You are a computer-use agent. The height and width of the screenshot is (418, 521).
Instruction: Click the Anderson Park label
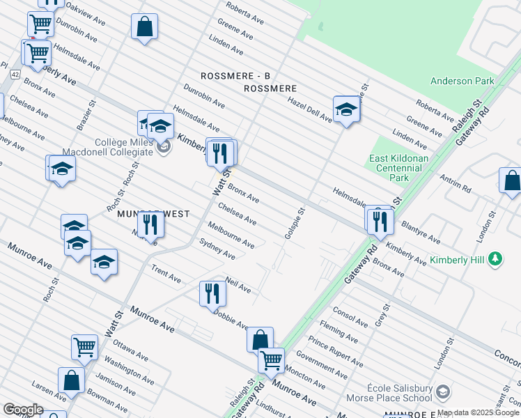click(462, 81)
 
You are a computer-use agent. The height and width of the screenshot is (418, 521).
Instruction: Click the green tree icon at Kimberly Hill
click(495, 260)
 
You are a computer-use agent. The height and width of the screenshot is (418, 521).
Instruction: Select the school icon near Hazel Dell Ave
click(346, 109)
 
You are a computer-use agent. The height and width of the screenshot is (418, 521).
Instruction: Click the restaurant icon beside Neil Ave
click(212, 293)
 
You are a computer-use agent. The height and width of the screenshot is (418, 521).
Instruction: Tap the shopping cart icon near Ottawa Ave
click(84, 346)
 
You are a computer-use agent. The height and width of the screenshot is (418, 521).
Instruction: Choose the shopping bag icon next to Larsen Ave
click(71, 380)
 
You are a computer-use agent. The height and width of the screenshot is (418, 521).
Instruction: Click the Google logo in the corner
click(23, 409)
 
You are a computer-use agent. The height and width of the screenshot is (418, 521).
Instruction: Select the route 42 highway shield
click(15, 73)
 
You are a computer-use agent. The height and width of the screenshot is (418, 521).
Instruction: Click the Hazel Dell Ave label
click(309, 109)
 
